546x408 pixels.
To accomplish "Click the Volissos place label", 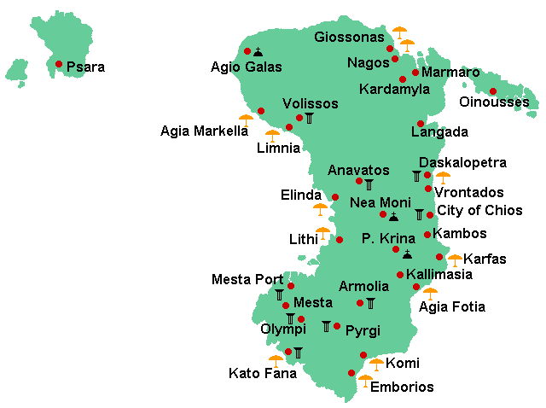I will click(x=310, y=103).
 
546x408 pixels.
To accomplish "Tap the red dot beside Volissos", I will click(x=299, y=118).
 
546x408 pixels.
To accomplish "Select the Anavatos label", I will click(x=358, y=171).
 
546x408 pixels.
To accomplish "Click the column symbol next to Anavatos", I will click(x=369, y=184).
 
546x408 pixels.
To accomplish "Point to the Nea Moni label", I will click(x=380, y=202).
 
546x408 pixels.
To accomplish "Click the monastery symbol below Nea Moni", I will click(x=393, y=216).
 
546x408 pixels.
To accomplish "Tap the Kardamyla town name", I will click(x=394, y=90).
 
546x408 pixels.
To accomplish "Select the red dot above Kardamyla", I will click(x=403, y=79).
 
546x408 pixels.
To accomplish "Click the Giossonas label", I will click(x=349, y=37).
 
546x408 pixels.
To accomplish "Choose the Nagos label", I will click(x=369, y=62).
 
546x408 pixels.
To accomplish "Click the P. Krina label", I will click(x=388, y=238).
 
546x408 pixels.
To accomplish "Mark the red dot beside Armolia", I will click(x=360, y=303).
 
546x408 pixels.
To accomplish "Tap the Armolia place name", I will click(x=363, y=287).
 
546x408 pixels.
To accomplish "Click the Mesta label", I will click(x=312, y=302).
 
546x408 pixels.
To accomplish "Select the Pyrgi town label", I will click(x=363, y=331).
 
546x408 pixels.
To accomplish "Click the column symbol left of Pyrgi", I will click(x=326, y=326).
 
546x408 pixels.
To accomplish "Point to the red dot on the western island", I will click(x=59, y=64).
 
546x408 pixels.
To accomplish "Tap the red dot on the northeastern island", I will click(x=492, y=91).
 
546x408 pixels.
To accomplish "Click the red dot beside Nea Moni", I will click(x=383, y=214).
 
